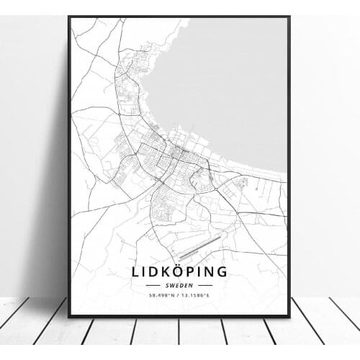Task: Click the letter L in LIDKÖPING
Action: pyautogui.click(x=137, y=271)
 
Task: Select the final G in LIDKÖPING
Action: pyautogui.click(x=221, y=271)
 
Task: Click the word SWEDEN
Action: pyautogui.click(x=179, y=284)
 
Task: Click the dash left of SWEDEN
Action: pyautogui.click(x=160, y=284)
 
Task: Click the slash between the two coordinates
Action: pyautogui.click(x=179, y=294)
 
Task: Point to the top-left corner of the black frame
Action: pyautogui.click(x=68, y=17)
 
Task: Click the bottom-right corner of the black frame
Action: pyautogui.click(x=289, y=316)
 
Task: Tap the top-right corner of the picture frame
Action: pyautogui.click(x=289, y=17)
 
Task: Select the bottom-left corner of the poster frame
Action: pyautogui.click(x=68, y=316)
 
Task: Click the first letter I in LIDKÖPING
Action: pyautogui.click(x=144, y=271)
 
